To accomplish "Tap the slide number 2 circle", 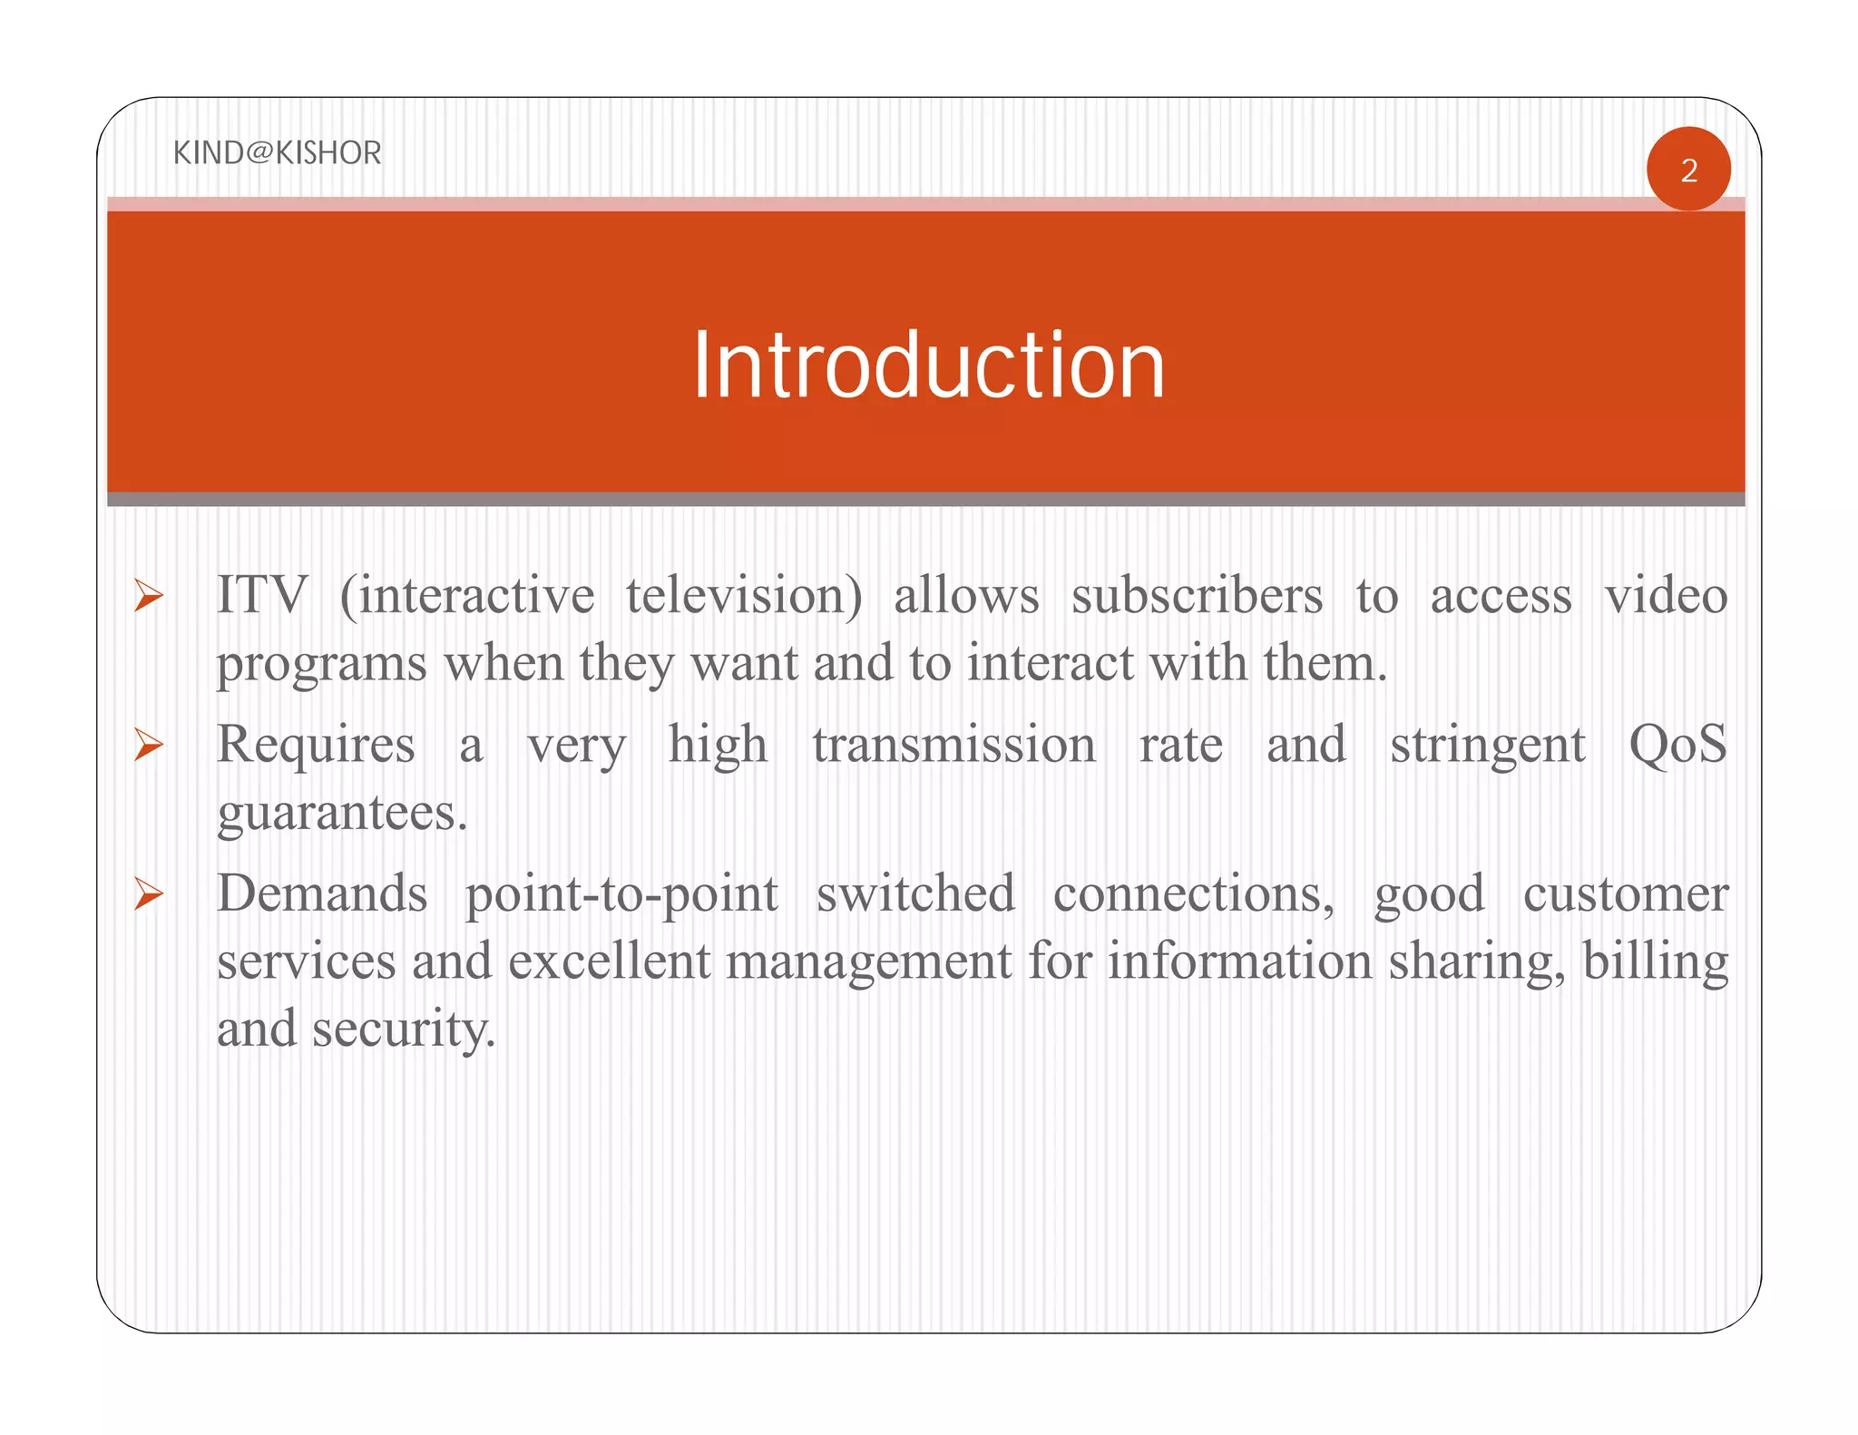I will (x=1688, y=170).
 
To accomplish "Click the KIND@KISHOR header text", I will (x=277, y=152).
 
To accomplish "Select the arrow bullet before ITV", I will (x=148, y=596).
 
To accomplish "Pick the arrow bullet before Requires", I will (x=148, y=745).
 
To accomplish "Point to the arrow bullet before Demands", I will (x=148, y=893).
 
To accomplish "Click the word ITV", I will (x=262, y=596).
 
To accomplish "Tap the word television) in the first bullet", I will (x=744, y=596).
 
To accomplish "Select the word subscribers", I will (x=1197, y=596).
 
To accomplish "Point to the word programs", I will (x=321, y=665).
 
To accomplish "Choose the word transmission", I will (x=953, y=745).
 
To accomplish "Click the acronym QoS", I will (x=1677, y=745).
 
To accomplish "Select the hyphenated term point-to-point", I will (x=621, y=894).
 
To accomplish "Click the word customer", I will (x=1625, y=893).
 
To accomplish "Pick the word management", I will (x=868, y=962).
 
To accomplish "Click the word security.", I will (x=404, y=1030).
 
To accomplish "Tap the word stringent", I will (x=1487, y=747).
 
